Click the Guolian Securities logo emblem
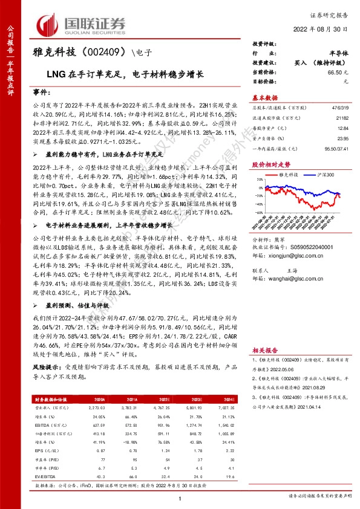pos(49,24)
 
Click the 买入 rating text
pos(300,63)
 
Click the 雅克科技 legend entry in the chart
pos(288,172)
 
